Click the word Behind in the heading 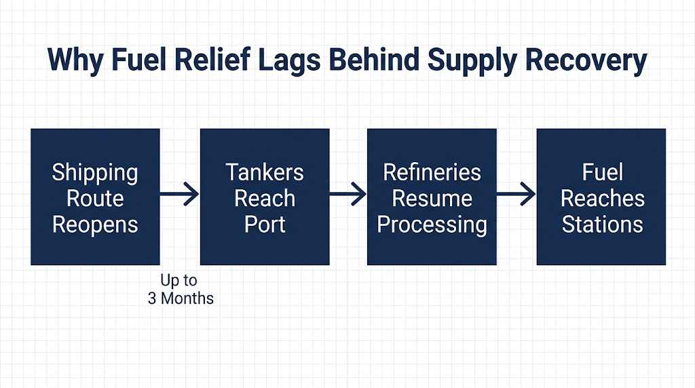pyautogui.click(x=374, y=59)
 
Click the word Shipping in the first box pyautogui.click(x=95, y=173)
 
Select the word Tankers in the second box pyautogui.click(x=265, y=172)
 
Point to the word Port pyautogui.click(x=265, y=224)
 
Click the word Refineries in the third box pyautogui.click(x=432, y=172)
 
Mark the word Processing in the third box pyautogui.click(x=432, y=225)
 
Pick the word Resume pyautogui.click(x=432, y=199)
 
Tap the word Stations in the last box pyautogui.click(x=603, y=224)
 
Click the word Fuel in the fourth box pyautogui.click(x=603, y=172)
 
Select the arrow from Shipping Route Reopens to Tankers pyautogui.click(x=179, y=194)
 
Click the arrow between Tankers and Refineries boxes pyautogui.click(x=348, y=194)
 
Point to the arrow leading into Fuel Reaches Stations pyautogui.click(x=516, y=194)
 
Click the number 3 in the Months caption pyautogui.click(x=152, y=298)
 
